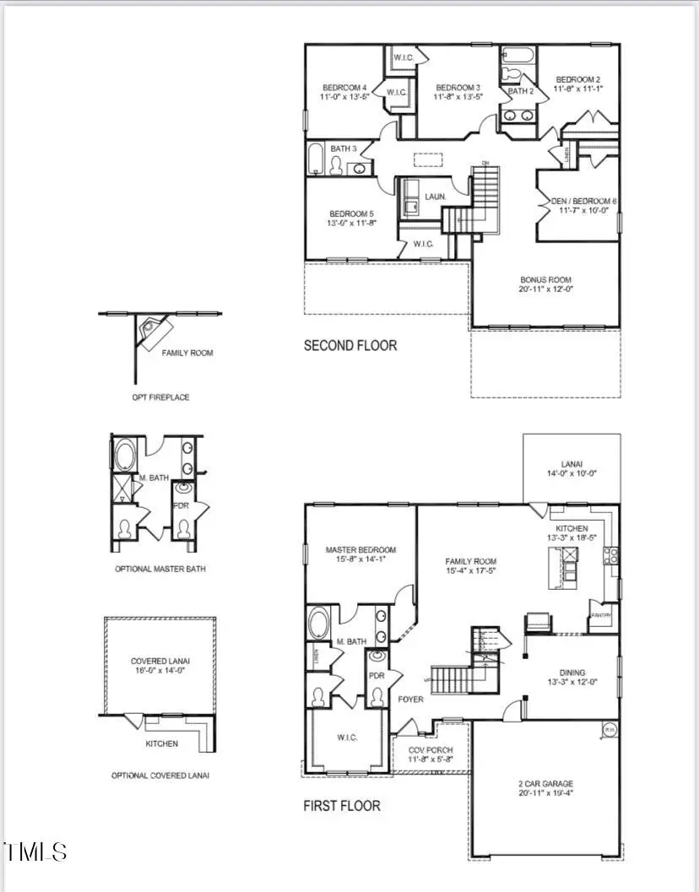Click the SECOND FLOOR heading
coord(349,345)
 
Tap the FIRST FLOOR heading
coord(341,806)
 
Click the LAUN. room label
coord(436,197)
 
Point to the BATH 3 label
coord(344,149)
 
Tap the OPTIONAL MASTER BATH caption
coord(160,569)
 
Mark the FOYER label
coord(410,699)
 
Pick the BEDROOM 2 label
coord(577,83)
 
